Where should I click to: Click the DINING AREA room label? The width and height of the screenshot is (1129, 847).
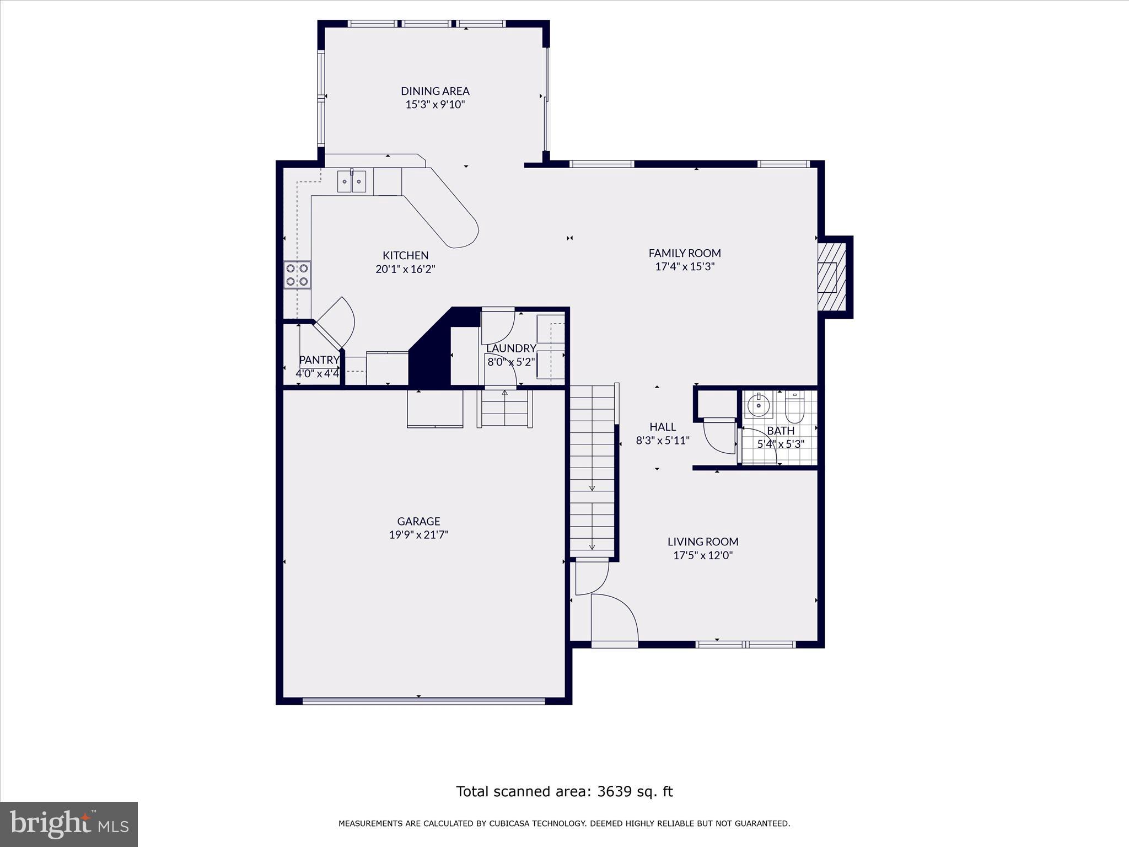[x=435, y=91]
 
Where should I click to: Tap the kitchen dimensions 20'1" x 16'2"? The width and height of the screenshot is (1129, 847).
[x=405, y=269]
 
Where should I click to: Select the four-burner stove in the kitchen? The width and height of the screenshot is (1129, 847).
[x=297, y=275]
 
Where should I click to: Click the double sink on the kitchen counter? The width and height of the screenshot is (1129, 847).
[x=352, y=181]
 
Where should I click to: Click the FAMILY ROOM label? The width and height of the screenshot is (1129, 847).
[x=684, y=253]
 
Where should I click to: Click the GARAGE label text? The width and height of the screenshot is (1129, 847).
[x=418, y=521]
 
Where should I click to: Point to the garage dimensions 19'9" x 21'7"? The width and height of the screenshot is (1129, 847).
[x=418, y=534]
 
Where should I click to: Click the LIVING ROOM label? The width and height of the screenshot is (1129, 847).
[x=702, y=542]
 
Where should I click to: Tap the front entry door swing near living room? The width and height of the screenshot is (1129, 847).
[x=614, y=618]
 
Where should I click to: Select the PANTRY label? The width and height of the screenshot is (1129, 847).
[x=319, y=360]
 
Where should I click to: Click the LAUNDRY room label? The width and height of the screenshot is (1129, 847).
[x=510, y=349]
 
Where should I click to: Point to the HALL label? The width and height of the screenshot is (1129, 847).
[x=662, y=427]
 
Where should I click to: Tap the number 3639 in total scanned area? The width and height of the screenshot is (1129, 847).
[x=614, y=792]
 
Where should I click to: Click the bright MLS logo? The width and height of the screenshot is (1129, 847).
[x=68, y=824]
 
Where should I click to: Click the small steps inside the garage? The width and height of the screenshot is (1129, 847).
[x=504, y=409]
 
